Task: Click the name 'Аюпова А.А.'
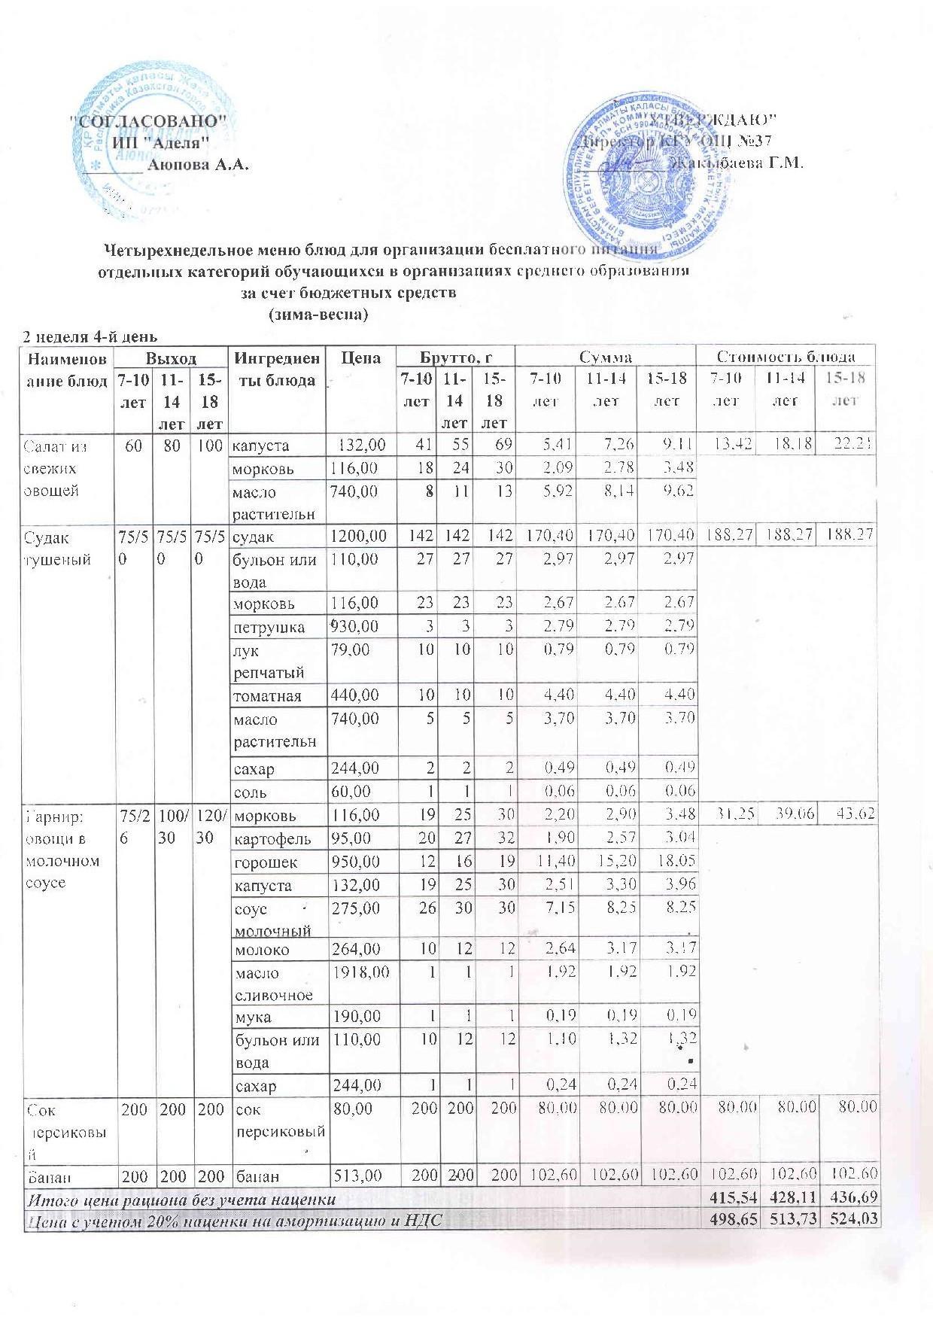199,165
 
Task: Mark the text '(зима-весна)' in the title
318,314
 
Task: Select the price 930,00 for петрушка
356,627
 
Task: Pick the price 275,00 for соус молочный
356,908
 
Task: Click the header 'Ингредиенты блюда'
278,369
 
